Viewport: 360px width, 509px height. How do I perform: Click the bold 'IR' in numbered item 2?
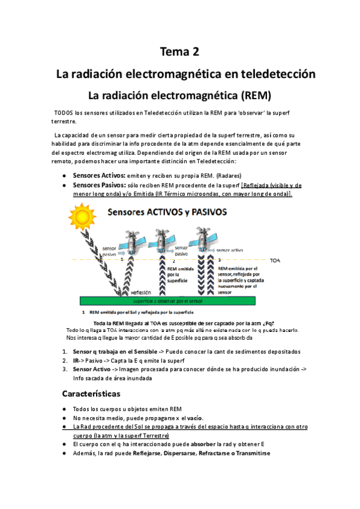(76, 360)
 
